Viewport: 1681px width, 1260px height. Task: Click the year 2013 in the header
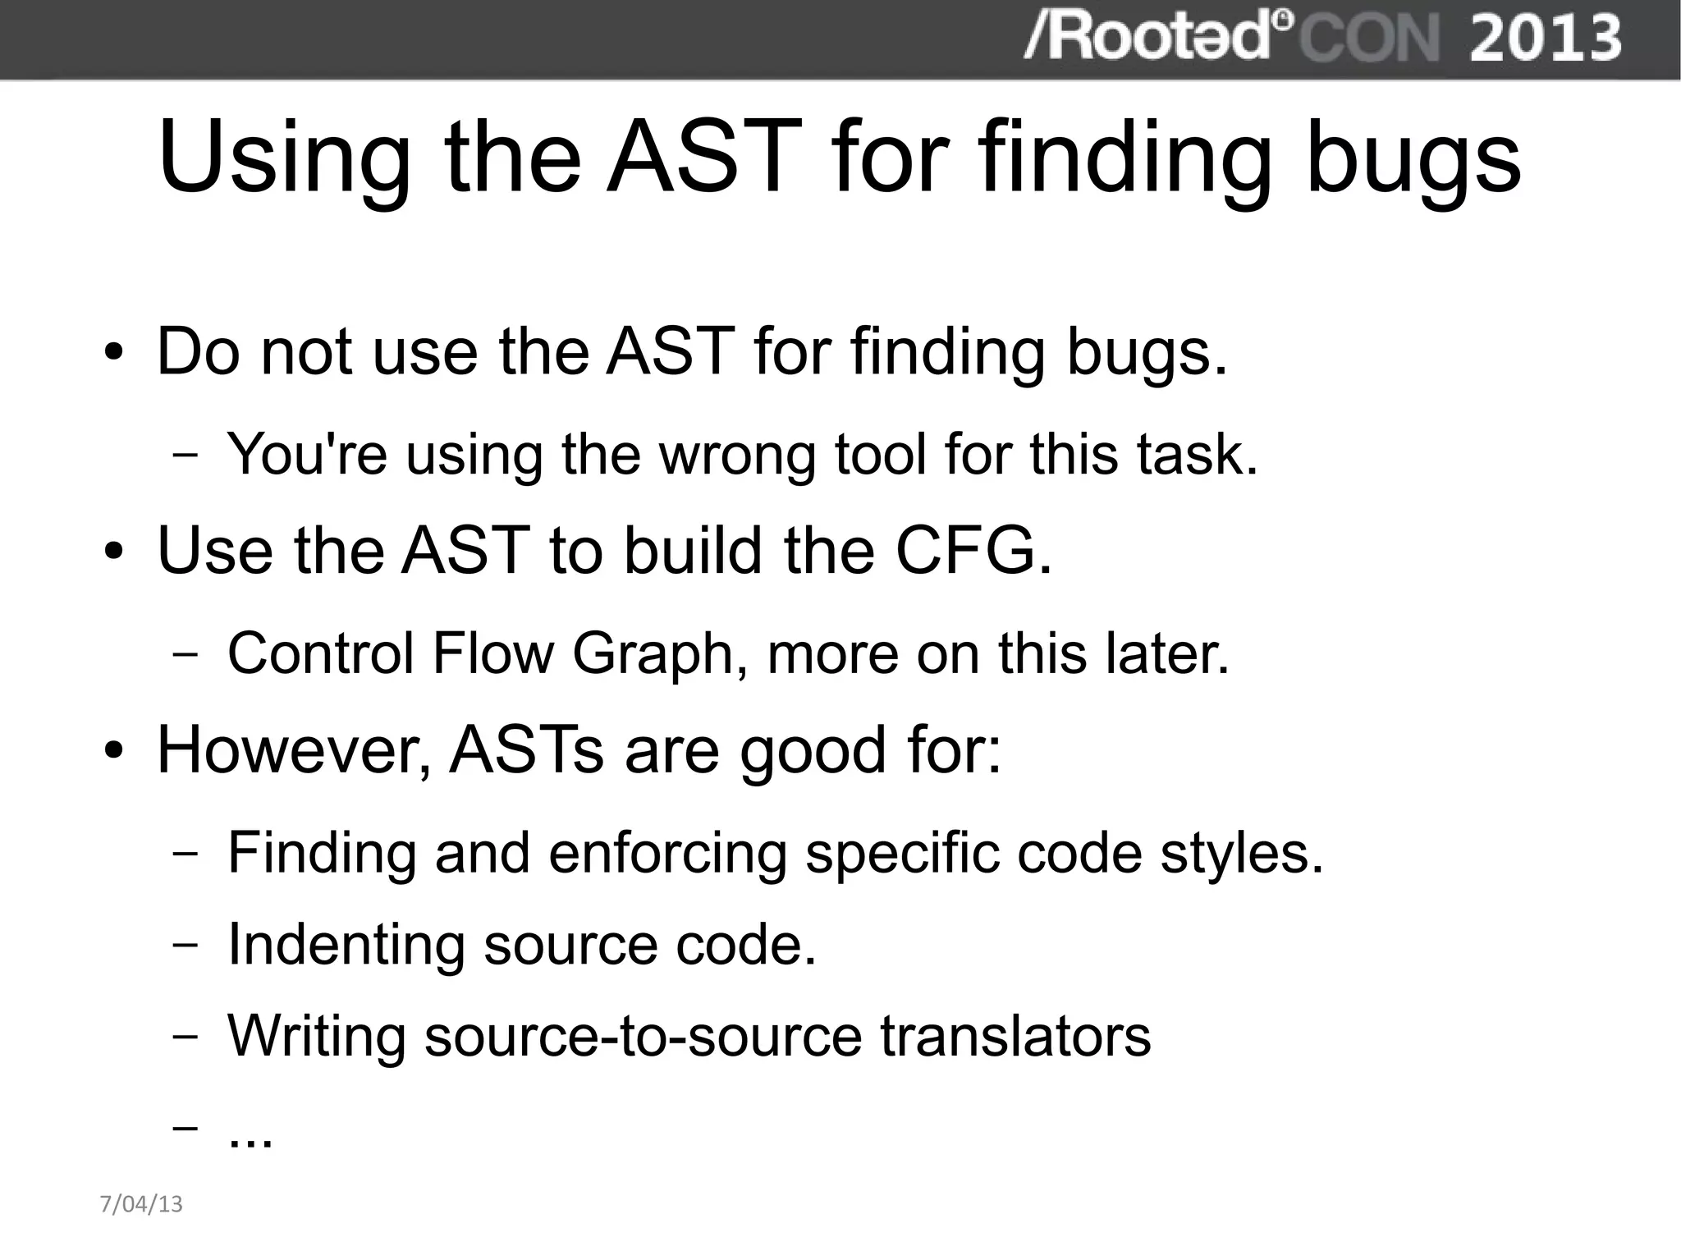pyautogui.click(x=1545, y=38)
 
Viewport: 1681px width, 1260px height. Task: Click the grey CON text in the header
pyautogui.click(x=1369, y=38)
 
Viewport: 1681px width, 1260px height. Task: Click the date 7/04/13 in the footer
pyautogui.click(x=141, y=1204)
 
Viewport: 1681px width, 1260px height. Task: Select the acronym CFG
pyautogui.click(x=972, y=550)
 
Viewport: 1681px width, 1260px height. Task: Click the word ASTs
pyautogui.click(x=526, y=750)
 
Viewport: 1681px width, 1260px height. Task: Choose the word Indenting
pyautogui.click(x=346, y=945)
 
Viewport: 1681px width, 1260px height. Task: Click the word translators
pyautogui.click(x=1015, y=1036)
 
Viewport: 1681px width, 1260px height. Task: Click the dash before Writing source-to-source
pyautogui.click(x=186, y=1037)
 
